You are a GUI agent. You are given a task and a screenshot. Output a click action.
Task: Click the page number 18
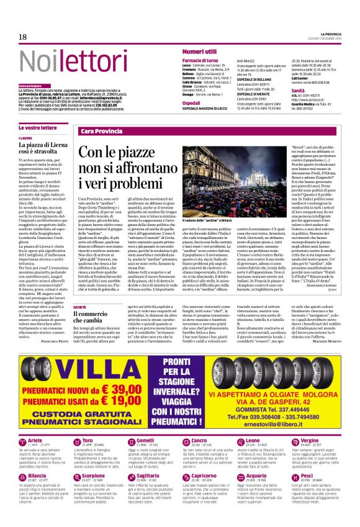tap(22, 38)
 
